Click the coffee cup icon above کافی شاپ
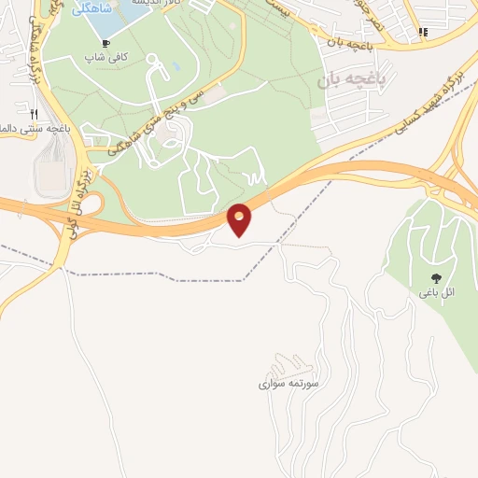105,44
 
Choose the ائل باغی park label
436,292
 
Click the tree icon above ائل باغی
436,277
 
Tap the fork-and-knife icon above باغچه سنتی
35,113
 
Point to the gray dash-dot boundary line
140,276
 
